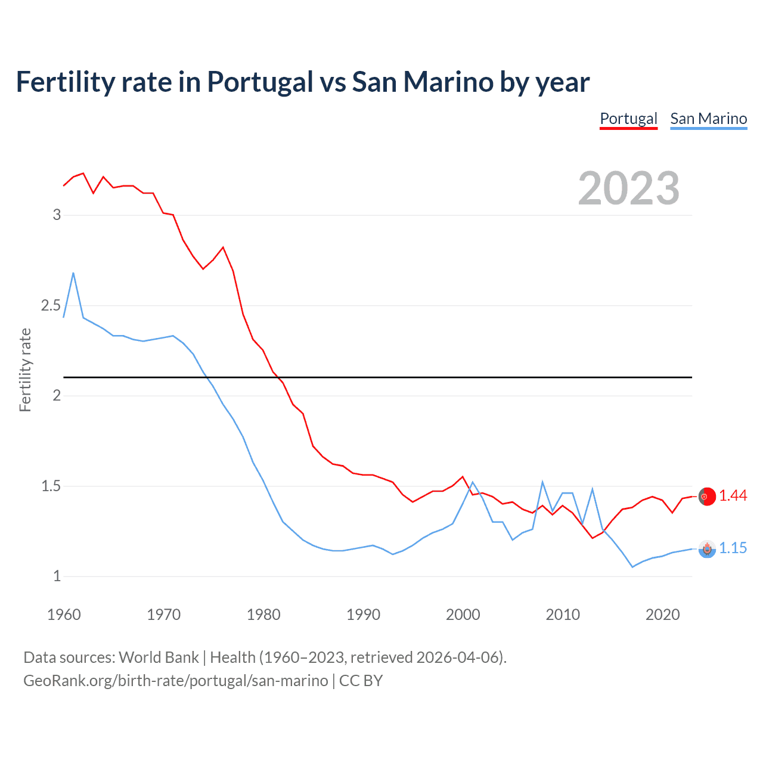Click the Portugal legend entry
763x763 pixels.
[628, 119]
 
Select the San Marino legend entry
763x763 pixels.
[708, 119]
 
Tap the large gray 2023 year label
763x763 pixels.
[629, 188]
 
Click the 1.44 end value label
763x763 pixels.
[733, 496]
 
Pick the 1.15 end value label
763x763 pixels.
[733, 548]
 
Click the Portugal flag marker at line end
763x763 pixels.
[707, 497]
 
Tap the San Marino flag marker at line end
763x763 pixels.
[707, 549]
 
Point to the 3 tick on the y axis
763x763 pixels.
[57, 215]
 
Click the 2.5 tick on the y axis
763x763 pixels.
[51, 305]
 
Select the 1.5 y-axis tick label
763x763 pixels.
[51, 486]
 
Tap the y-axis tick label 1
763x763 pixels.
[57, 576]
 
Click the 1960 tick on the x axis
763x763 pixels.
[64, 615]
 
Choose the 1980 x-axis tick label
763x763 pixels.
[263, 615]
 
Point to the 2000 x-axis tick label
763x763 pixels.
[463, 615]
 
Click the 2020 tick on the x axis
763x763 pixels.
[662, 615]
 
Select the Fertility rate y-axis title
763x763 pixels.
[25, 370]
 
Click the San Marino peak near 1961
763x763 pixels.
[73, 273]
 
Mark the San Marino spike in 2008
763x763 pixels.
[542, 482]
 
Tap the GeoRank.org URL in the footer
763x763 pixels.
[176, 681]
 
